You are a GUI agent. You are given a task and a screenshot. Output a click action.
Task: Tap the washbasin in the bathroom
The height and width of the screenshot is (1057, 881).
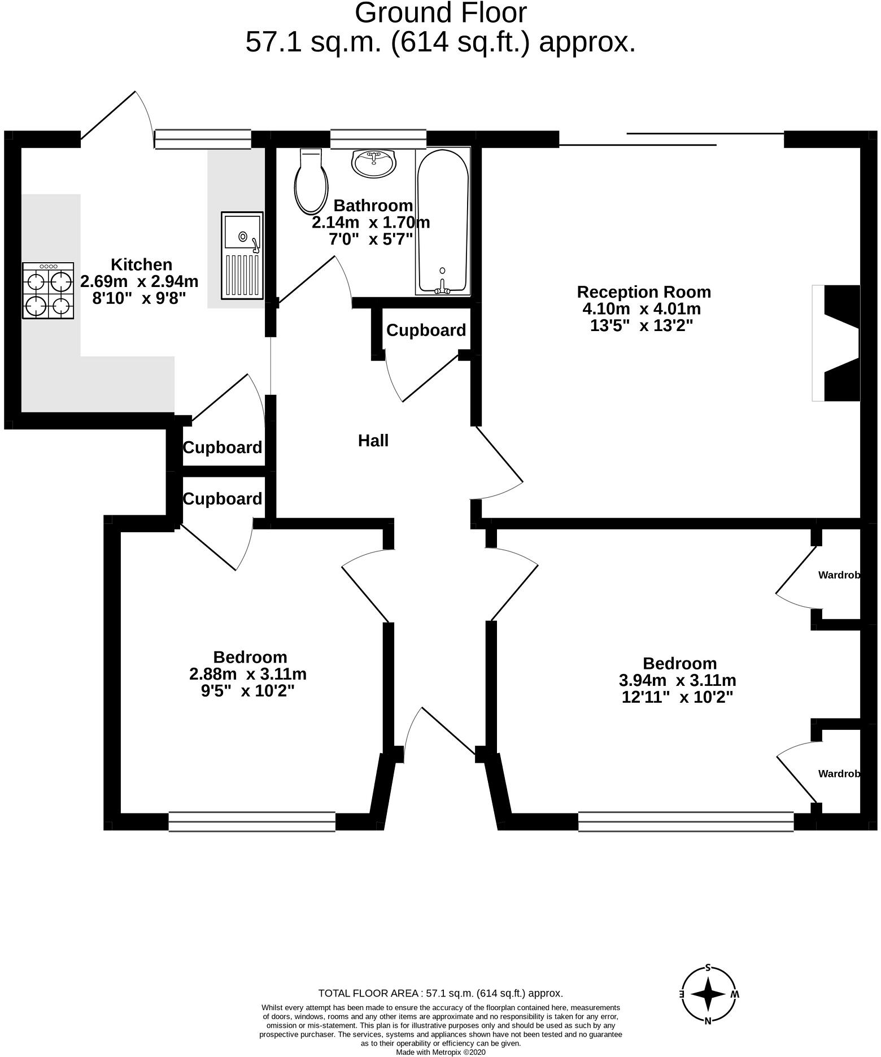[374, 163]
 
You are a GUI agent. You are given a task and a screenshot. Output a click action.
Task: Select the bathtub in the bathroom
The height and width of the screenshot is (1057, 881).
[443, 221]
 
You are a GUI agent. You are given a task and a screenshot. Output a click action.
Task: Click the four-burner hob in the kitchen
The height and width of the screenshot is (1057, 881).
[48, 290]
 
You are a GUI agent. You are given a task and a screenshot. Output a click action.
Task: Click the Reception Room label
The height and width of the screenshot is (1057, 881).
[644, 292]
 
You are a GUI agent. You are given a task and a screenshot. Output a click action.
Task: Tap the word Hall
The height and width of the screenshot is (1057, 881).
[373, 441]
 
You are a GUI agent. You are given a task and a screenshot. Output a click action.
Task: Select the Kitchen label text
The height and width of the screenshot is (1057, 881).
[141, 264]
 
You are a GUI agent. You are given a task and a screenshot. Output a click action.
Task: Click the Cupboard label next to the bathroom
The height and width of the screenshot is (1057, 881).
[426, 330]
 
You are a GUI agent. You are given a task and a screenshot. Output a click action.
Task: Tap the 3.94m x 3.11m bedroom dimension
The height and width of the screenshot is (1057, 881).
[678, 680]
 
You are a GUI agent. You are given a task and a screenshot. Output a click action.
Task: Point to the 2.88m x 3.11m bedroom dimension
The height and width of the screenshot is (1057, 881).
[248, 674]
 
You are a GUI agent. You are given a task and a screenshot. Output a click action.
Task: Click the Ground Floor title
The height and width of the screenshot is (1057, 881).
[440, 14]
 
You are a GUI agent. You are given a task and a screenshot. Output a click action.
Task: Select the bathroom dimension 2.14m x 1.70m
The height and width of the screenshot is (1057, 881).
[371, 223]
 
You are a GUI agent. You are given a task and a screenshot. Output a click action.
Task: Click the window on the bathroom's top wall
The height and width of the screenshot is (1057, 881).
[378, 139]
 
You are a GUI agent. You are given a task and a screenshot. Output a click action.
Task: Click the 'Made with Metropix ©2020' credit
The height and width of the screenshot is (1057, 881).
[440, 1052]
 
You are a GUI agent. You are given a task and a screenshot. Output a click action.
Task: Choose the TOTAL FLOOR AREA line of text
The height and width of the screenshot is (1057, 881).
[440, 993]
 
